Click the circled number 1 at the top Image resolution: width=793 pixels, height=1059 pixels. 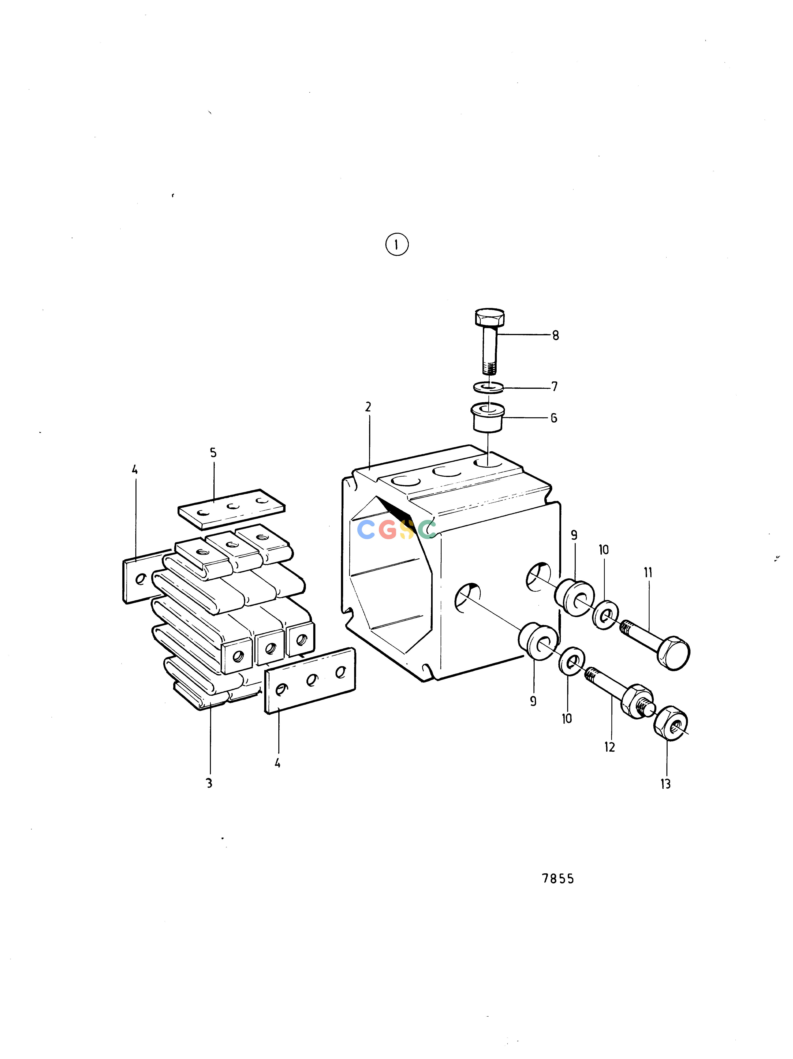click(397, 245)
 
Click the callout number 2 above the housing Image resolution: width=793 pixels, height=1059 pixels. click(368, 407)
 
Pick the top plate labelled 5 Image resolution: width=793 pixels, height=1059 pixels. click(232, 509)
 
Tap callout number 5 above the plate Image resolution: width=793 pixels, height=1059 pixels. click(213, 452)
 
